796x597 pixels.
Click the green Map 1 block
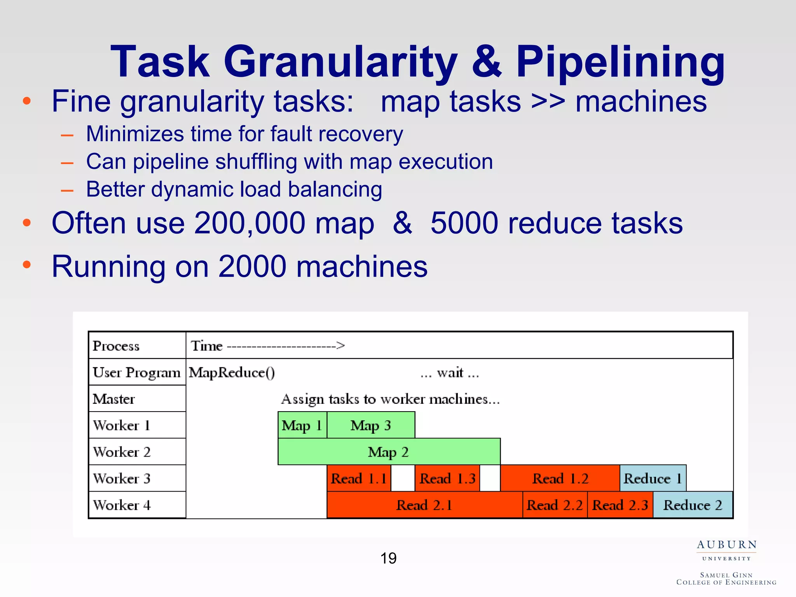pos(302,425)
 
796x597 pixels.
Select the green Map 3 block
pos(371,425)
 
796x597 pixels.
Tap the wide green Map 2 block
pos(389,452)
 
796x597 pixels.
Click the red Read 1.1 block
pos(359,478)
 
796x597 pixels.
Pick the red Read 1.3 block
pos(447,478)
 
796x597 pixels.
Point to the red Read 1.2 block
pos(560,478)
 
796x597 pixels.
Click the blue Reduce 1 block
pos(653,478)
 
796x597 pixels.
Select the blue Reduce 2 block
pos(693,505)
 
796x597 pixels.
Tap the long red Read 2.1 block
pos(424,505)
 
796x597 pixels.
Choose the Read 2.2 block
pos(555,505)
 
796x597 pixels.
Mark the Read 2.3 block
pos(620,505)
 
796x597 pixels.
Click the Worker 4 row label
pos(122,505)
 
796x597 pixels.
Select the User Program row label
pos(136,372)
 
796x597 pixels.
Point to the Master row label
pos(114,399)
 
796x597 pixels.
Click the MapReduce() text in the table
pos(232,372)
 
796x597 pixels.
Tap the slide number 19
pos(388,559)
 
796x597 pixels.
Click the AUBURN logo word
pos(726,545)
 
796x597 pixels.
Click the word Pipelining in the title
pos(620,62)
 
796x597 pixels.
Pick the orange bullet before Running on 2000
pos(26,265)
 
